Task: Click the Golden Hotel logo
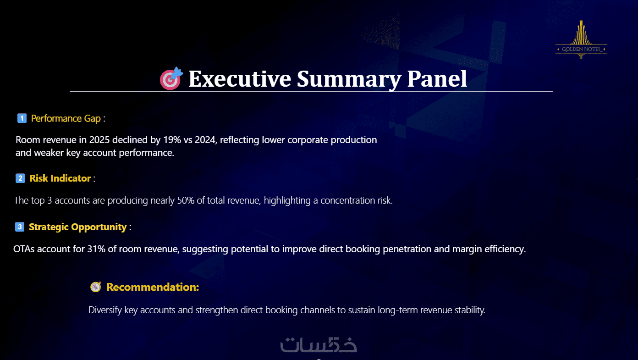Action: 581,39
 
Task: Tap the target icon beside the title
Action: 171,78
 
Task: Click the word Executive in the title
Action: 240,79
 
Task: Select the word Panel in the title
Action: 437,79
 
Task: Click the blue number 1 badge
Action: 22,118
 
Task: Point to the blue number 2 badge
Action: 20,178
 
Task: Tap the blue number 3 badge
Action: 20,227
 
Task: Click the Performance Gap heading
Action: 66,119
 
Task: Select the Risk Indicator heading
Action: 60,178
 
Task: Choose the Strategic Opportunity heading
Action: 78,227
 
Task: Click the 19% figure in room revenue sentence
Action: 172,140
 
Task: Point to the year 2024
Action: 205,140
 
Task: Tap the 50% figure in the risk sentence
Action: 186,200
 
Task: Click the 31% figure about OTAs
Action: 96,249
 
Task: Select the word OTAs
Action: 24,249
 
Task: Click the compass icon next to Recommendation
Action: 96,287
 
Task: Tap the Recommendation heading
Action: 153,287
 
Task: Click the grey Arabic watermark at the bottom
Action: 319,345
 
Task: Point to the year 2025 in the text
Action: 99,140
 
